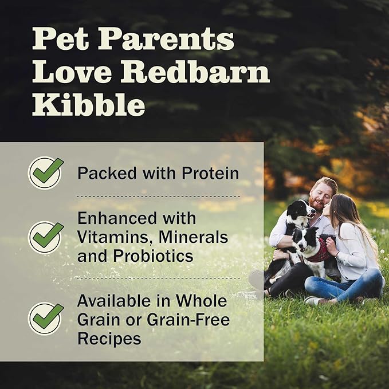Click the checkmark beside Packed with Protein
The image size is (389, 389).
click(46, 172)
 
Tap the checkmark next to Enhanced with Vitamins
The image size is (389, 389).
click(46, 237)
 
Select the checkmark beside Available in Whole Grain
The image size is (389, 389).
click(46, 318)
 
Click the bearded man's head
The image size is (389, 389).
click(322, 193)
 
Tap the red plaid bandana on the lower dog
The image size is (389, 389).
click(318, 252)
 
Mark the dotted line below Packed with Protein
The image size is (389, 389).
click(158, 196)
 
